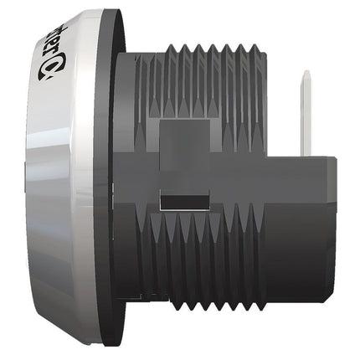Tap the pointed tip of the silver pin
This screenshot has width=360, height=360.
(306, 74)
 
